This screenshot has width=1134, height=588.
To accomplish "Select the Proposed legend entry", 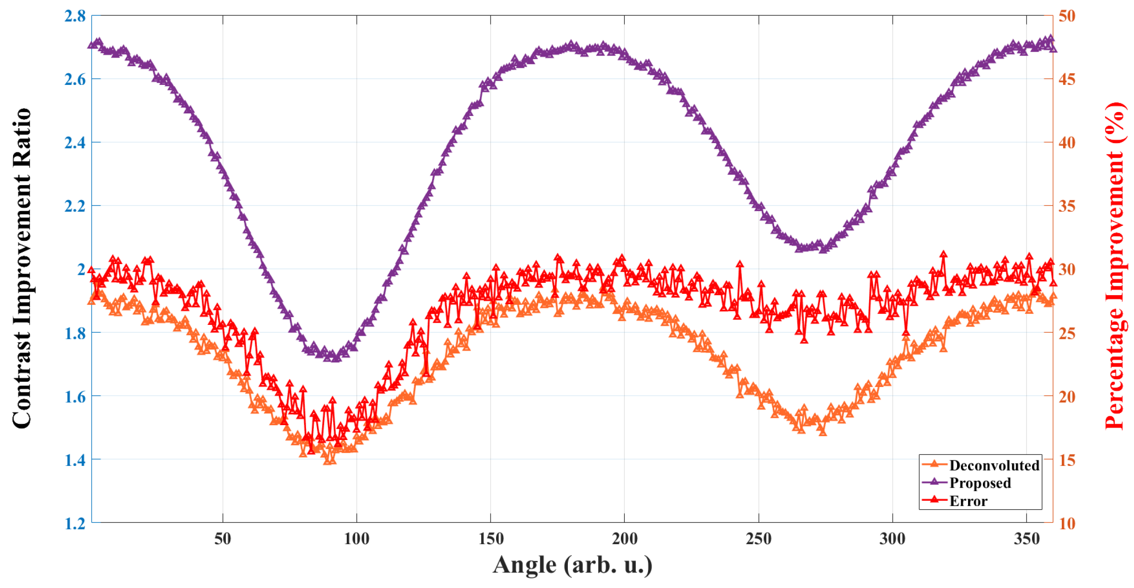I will (x=979, y=483).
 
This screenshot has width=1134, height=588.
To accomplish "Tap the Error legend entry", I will (x=968, y=501).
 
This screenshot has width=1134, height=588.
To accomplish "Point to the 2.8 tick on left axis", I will (x=75, y=16).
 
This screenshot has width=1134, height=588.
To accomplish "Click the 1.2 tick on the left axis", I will (x=75, y=523).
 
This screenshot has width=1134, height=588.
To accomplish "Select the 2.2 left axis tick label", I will (x=75, y=206).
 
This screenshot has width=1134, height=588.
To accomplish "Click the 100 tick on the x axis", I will (x=356, y=538).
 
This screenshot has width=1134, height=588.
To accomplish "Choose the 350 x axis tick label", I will (x=1027, y=538).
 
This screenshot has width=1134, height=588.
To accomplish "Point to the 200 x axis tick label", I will (x=625, y=538).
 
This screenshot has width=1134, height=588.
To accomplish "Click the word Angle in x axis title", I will (x=524, y=565).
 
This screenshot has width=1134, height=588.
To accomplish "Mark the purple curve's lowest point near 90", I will (x=335, y=358).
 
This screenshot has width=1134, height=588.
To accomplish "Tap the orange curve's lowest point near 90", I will (x=327, y=461).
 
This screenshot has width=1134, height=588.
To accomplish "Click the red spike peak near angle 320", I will (x=943, y=254).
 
